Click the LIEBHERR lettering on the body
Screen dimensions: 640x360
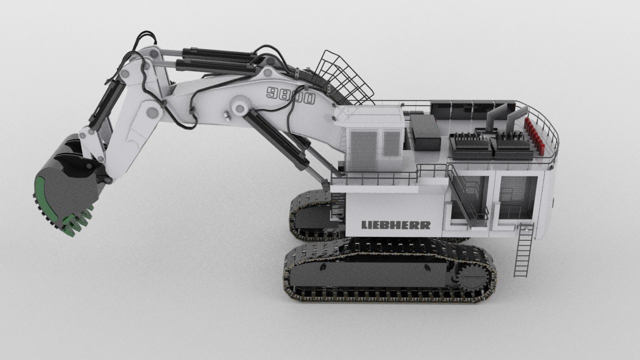pos(396,225)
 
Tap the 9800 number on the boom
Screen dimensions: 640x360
pos(290,95)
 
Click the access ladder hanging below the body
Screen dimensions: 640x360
pos(523,250)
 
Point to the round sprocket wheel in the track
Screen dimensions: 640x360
pos(473,277)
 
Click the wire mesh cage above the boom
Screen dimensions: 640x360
pos(344,78)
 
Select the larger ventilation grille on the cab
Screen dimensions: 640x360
pos(363,149)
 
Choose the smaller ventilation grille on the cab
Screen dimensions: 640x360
pos(391,143)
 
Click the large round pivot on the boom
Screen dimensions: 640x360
pos(239,107)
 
